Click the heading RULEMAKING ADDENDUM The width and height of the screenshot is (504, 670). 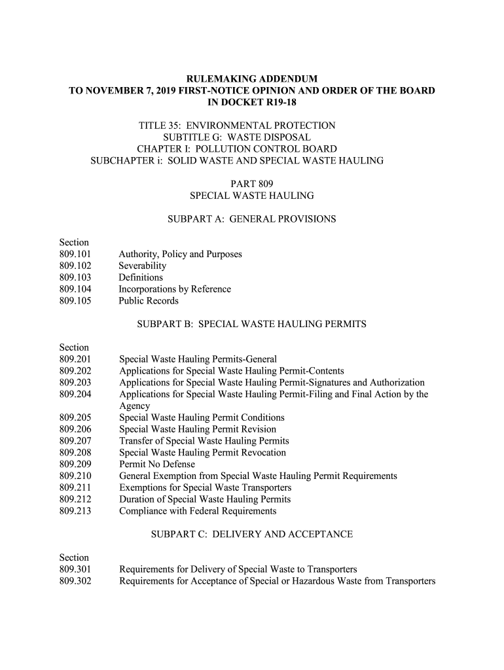pos(252,79)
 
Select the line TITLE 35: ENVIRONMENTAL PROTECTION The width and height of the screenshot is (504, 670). pos(236,126)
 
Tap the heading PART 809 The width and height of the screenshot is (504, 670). pos(251,184)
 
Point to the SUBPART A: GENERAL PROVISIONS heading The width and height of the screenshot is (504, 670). pos(251,219)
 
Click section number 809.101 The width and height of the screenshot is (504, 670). pos(75,255)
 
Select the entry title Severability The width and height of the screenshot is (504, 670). pos(142,266)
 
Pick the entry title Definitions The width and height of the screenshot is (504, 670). pos(140,277)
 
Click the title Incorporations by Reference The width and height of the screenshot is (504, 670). pos(174,289)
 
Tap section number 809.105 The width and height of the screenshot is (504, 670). pos(75,301)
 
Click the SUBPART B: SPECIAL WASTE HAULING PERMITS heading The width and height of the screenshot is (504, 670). pos(251,324)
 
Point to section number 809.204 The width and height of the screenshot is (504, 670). pos(75,395)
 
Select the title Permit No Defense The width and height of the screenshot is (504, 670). pos(156,465)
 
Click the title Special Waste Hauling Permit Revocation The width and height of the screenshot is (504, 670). pos(202,453)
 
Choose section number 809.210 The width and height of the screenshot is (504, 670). pos(75,476)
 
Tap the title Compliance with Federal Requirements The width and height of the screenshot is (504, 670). pos(197,511)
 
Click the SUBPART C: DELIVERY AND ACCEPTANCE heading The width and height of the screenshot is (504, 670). pos(251,535)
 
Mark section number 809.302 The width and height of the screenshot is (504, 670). pos(75,581)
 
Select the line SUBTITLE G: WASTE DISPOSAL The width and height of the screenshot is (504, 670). pos(236,137)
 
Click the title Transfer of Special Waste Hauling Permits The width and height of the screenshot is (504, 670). pos(204,441)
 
